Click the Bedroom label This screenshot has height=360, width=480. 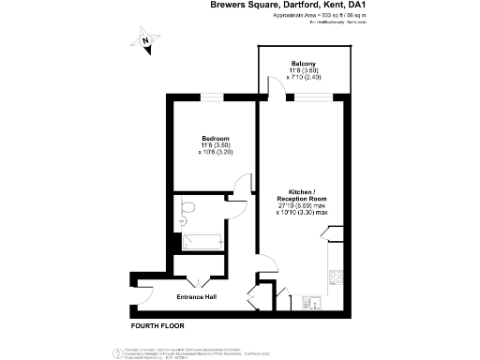[215, 139]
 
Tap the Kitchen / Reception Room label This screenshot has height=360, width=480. [302, 192]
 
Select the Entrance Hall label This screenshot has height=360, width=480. [198, 298]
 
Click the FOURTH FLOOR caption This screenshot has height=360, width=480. [157, 326]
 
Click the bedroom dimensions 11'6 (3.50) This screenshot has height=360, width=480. [215, 146]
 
